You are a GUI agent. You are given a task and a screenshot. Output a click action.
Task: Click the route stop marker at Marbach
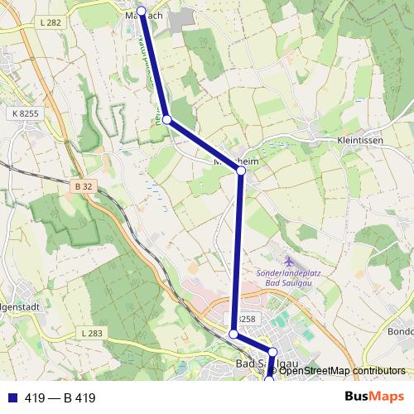coord(142,12)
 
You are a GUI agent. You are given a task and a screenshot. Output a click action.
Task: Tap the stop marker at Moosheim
coord(242,171)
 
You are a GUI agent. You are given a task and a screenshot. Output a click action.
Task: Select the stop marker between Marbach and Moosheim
coord(167,120)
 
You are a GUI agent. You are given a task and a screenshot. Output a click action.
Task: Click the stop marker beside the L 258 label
coord(233,335)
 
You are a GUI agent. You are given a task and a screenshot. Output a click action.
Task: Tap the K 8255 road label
coord(26,112)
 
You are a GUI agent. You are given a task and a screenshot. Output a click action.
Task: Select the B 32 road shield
coord(82,186)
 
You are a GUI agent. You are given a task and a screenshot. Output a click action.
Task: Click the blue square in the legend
coord(12,397)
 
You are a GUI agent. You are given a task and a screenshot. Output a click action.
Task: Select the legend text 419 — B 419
coord(60,398)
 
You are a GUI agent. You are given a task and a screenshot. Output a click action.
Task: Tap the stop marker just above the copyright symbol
coord(272,353)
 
